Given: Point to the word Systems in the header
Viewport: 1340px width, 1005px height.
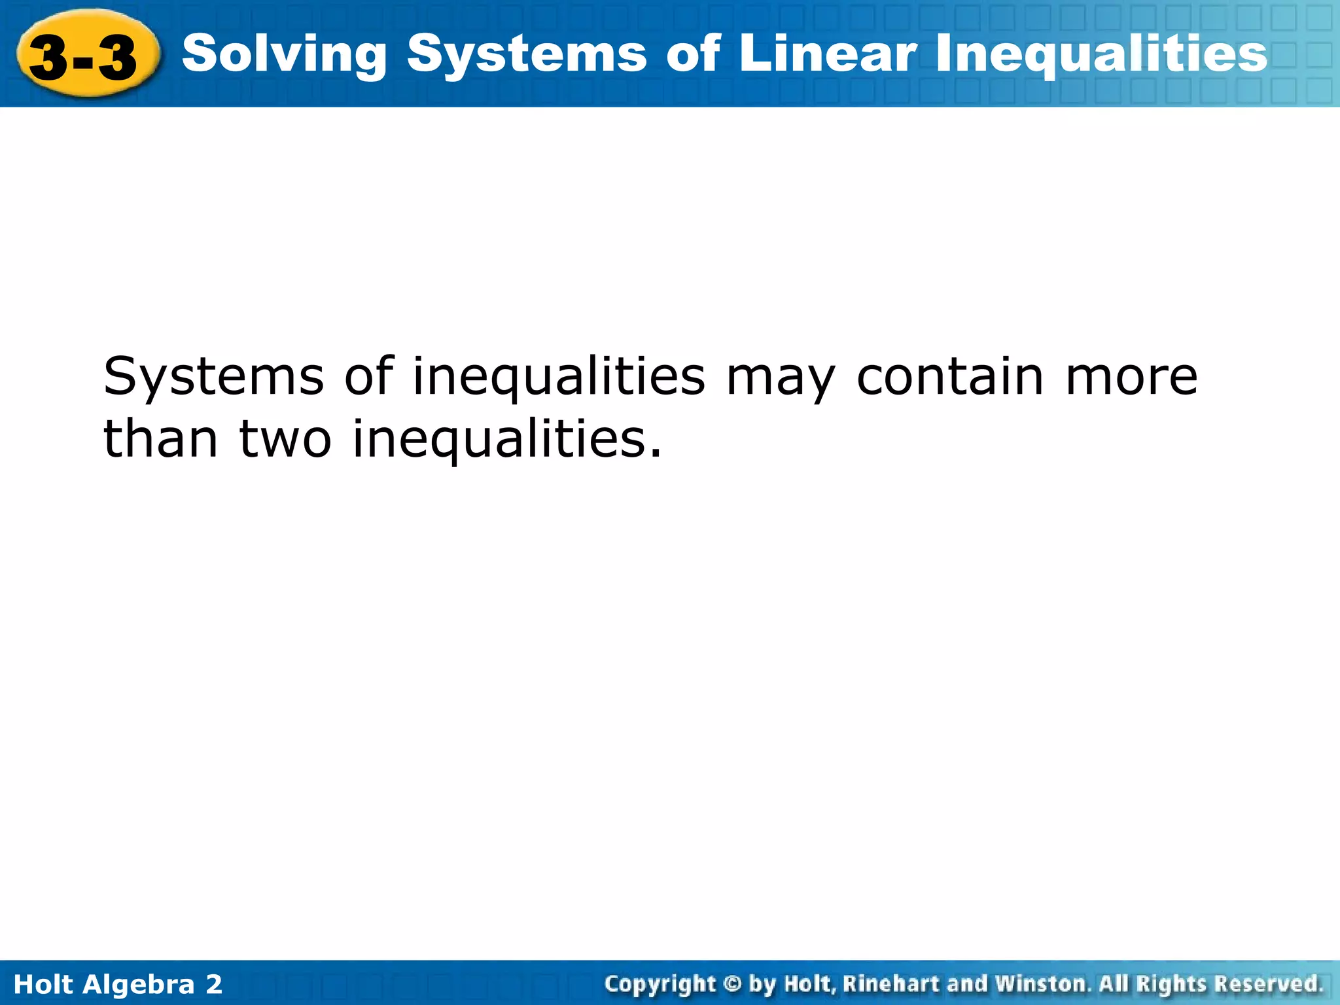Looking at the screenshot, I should point(526,55).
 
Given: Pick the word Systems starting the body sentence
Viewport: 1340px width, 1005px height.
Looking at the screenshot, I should point(213,378).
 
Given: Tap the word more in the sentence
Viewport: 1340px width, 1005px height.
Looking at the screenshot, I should point(1131,378).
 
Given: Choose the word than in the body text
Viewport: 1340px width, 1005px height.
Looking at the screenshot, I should point(161,439).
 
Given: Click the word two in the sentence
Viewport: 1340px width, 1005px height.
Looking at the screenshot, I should point(285,440).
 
